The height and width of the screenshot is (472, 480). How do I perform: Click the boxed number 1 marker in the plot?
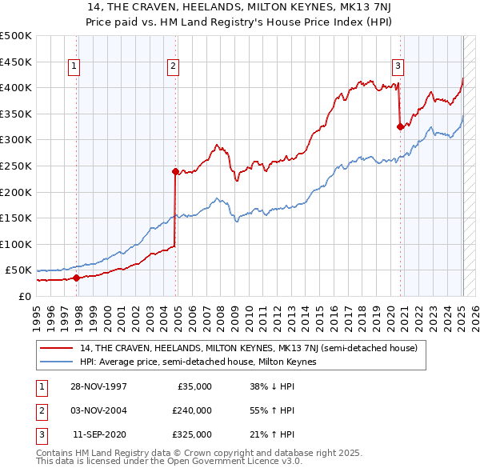(74, 66)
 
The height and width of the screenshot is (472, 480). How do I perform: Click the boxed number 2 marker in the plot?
(173, 66)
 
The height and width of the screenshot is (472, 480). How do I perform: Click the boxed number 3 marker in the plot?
(398, 66)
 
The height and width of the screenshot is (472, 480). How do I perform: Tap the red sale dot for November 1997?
(77, 278)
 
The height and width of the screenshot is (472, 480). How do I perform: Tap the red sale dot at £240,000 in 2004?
(175, 170)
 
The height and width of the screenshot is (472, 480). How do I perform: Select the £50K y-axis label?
(19, 270)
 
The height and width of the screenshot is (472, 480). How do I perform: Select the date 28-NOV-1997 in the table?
(99, 386)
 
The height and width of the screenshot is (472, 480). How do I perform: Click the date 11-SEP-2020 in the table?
(99, 434)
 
